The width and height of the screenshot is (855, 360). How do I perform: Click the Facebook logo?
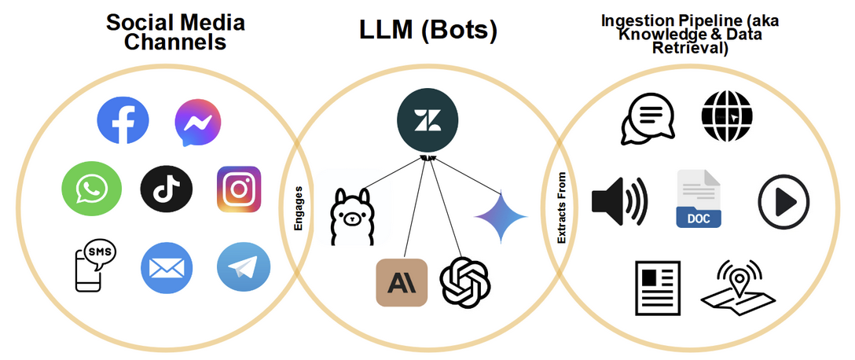[x=123, y=121]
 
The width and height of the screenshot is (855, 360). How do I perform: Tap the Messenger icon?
[x=197, y=123]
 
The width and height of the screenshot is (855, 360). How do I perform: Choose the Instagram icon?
[x=238, y=189]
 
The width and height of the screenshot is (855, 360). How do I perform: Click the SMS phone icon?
[x=90, y=265]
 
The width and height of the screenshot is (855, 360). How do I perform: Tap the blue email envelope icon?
[x=167, y=268]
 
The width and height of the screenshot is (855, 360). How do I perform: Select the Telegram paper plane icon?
[x=243, y=268]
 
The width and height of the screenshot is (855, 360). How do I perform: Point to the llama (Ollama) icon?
[x=351, y=216]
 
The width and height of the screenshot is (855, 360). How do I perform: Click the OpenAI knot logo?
[x=465, y=281]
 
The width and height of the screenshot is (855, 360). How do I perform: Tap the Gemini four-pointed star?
[x=501, y=217]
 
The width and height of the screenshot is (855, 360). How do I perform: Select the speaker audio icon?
[x=619, y=200]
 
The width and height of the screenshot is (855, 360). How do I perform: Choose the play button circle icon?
[x=783, y=201]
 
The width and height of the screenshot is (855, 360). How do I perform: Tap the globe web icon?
[x=726, y=116]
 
